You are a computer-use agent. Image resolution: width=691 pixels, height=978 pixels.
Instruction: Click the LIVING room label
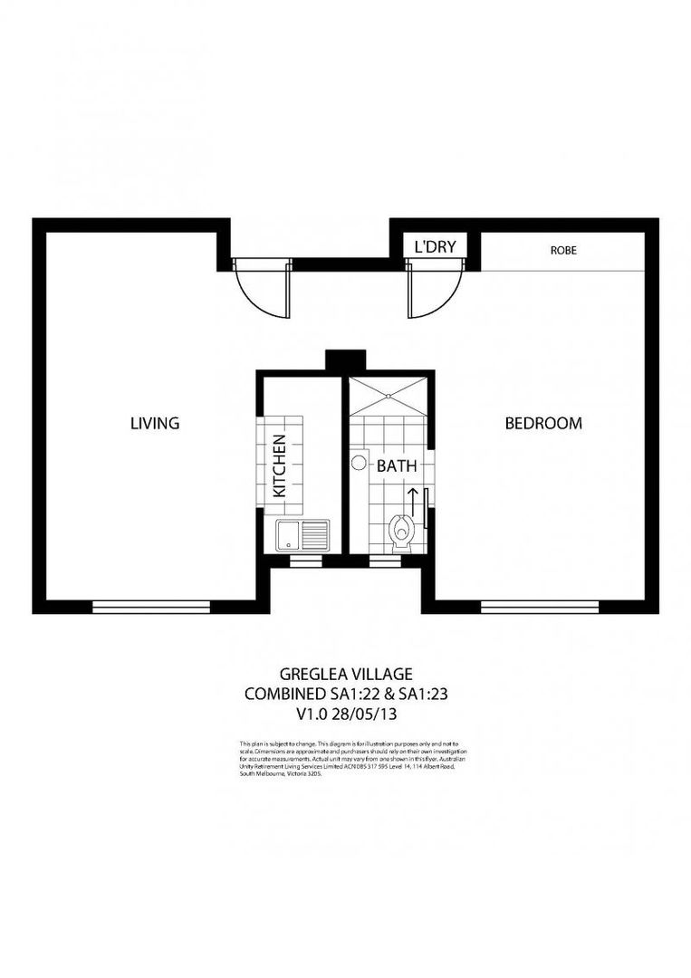(155, 423)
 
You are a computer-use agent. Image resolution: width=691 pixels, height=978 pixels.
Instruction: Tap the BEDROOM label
(543, 423)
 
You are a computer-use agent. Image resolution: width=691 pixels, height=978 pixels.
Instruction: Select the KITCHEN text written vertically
(279, 467)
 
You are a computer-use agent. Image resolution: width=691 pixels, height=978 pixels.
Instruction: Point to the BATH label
(397, 467)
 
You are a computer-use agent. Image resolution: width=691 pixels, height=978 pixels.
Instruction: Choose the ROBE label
(562, 250)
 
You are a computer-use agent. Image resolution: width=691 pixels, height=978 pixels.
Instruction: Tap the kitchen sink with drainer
(302, 536)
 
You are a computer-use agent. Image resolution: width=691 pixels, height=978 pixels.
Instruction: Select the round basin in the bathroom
(359, 463)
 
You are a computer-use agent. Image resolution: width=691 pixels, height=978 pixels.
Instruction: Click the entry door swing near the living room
(262, 290)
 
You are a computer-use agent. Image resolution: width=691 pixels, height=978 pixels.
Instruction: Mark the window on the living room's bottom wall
(151, 606)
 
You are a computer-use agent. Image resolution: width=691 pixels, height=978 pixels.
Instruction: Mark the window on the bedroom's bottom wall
(540, 606)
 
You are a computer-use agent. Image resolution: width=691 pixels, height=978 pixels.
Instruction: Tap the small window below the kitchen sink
(298, 561)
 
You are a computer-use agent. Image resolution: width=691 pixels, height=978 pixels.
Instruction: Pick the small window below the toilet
(384, 561)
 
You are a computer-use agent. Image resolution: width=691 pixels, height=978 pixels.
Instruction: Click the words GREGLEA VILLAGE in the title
(346, 674)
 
